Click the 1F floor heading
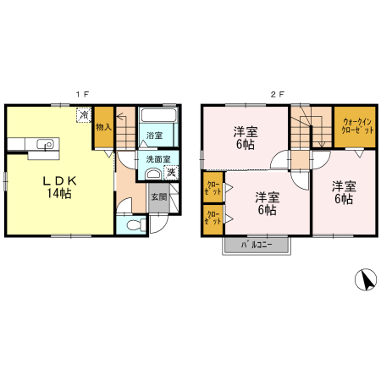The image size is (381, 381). tap(83, 93)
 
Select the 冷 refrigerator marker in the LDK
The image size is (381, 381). tap(84, 114)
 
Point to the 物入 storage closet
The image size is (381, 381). tap(103, 127)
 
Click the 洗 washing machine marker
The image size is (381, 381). tap(171, 173)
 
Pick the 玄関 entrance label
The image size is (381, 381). tap(159, 197)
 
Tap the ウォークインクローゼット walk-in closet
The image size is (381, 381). tap(356, 126)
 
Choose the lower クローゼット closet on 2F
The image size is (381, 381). tap(212, 218)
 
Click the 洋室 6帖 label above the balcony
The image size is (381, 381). tap(266, 202)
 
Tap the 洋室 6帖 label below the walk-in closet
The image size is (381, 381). tap(342, 192)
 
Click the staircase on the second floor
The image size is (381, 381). tap(310, 127)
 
